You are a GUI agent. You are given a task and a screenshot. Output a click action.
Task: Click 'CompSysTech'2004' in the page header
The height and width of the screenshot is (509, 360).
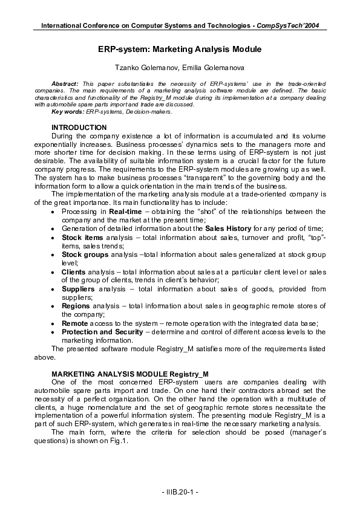(x=288, y=25)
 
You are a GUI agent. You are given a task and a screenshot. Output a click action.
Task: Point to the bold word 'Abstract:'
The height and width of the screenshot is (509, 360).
(x=65, y=83)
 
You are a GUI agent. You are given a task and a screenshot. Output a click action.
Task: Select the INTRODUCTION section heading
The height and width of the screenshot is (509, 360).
(x=79, y=128)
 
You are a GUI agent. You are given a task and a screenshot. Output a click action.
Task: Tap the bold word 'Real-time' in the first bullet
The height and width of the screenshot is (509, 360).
(x=126, y=212)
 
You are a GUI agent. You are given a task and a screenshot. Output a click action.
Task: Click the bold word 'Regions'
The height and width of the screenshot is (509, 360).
(x=77, y=306)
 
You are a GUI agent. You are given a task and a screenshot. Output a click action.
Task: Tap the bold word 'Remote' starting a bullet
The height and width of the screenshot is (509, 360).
(x=74, y=323)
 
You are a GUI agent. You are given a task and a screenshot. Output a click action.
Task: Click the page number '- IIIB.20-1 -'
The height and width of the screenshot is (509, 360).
(x=180, y=494)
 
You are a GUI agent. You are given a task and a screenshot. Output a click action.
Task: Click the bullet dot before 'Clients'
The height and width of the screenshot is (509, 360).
(x=55, y=272)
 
